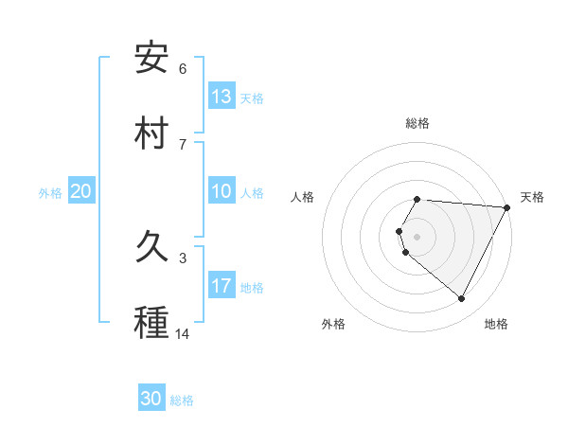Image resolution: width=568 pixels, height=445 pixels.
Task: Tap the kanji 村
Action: tap(152, 133)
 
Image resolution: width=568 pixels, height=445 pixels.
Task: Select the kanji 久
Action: tap(152, 249)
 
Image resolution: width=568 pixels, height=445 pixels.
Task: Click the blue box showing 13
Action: tap(222, 96)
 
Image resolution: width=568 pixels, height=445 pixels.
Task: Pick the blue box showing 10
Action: tap(222, 191)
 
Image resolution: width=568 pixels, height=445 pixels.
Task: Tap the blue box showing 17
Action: tap(222, 286)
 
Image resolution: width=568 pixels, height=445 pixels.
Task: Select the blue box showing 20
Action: tap(81, 191)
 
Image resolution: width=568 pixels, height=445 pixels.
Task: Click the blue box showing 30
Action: tap(151, 399)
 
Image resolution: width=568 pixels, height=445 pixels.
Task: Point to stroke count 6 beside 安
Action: tap(183, 69)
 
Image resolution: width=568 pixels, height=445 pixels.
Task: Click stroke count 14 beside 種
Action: tap(183, 334)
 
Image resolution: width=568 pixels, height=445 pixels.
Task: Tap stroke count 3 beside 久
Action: tap(183, 258)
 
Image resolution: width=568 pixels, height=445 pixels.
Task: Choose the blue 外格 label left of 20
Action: tap(50, 193)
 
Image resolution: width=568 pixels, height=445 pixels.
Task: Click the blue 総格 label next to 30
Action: tap(182, 400)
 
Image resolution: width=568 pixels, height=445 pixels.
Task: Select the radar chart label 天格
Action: tap(532, 197)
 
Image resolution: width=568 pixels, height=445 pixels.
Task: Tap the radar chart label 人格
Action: tap(303, 197)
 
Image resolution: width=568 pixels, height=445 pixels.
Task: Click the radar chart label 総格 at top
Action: tap(417, 123)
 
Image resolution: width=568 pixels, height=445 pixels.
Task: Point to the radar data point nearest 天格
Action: tap(507, 207)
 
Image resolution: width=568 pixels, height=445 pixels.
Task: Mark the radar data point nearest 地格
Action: tap(462, 299)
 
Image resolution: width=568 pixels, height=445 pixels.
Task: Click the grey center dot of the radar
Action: tap(417, 236)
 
